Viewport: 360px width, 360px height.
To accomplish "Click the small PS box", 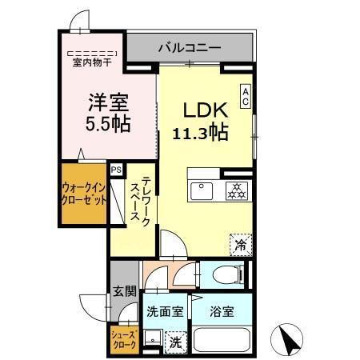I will pos(117,169).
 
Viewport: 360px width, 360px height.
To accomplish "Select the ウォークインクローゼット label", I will pos(83,194).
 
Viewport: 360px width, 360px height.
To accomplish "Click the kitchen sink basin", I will pos(199,191).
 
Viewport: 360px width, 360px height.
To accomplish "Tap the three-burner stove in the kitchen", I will pos(235,191).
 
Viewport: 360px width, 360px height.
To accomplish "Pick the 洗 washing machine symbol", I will pos(175,342).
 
